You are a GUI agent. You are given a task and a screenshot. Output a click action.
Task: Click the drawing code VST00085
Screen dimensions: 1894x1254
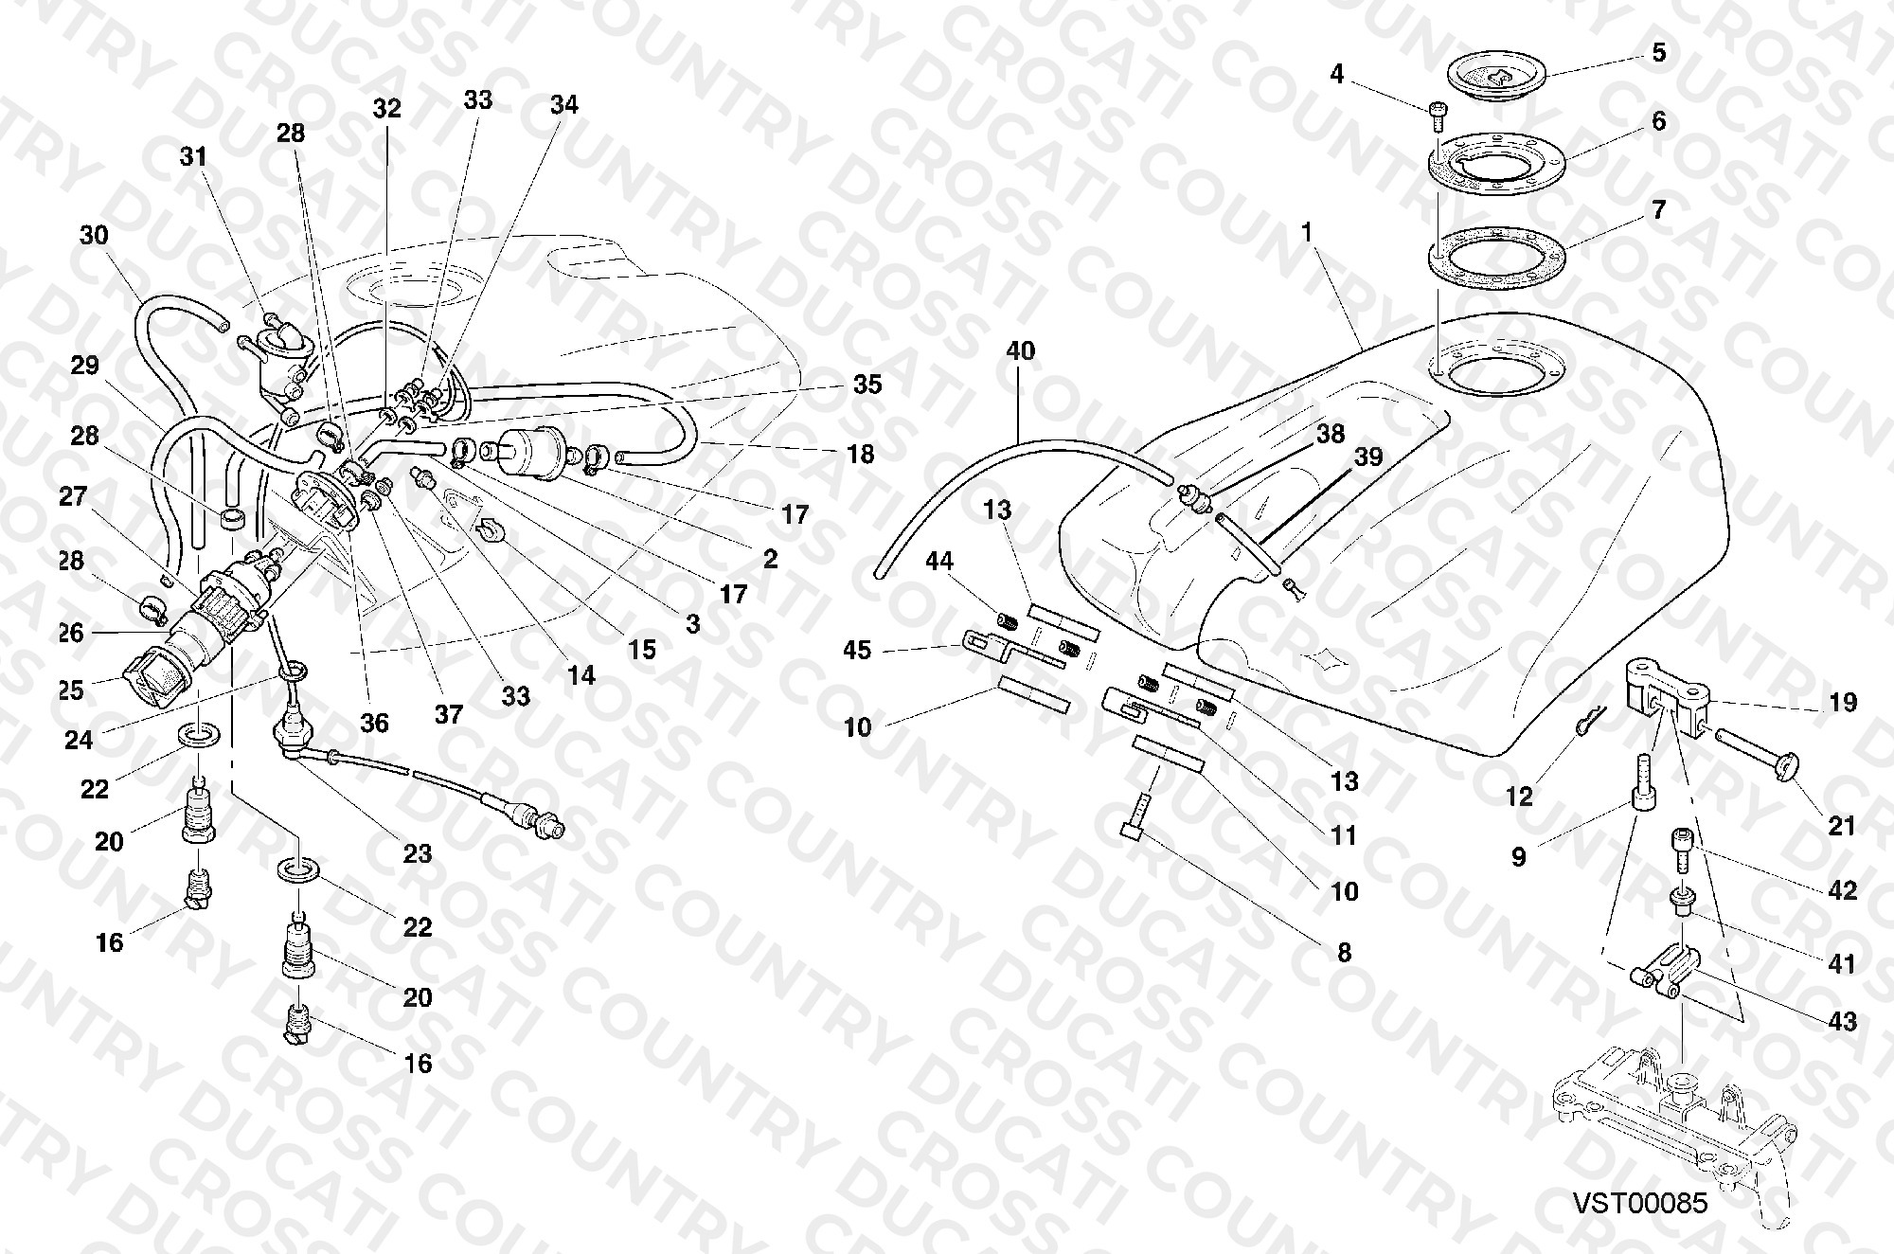pos(1641,1203)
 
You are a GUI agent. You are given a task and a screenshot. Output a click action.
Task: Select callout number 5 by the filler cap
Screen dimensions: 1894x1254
pos(1658,52)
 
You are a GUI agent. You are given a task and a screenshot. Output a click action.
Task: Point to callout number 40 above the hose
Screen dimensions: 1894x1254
pos(1020,351)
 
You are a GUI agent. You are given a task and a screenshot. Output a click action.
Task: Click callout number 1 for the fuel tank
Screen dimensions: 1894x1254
pos(1307,232)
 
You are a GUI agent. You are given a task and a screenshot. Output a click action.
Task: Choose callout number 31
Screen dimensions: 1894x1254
pos(193,156)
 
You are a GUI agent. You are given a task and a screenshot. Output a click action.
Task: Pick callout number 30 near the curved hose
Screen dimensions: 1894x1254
pos(94,234)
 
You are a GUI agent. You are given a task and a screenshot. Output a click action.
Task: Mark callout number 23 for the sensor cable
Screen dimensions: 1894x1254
pos(418,853)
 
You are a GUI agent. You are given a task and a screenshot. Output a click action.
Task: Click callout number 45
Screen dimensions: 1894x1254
pos(857,651)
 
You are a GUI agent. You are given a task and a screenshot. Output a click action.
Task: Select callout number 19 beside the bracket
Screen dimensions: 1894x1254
pos(1843,703)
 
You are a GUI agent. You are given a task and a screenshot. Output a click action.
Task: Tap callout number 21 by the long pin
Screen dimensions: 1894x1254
pos(1842,826)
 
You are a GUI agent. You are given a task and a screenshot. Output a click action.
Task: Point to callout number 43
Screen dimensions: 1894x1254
pos(1843,1022)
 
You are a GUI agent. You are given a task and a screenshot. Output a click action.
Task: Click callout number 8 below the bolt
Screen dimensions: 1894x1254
pos(1345,952)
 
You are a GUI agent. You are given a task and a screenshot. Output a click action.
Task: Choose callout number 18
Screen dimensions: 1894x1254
pos(860,455)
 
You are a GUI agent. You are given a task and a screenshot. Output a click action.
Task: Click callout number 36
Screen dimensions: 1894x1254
pos(374,724)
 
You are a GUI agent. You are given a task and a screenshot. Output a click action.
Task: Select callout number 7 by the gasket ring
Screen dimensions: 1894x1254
pos(1658,209)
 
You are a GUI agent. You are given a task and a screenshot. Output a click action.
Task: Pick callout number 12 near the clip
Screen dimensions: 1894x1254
pos(1519,797)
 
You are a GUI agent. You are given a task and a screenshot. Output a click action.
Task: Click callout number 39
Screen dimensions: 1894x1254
pos(1368,457)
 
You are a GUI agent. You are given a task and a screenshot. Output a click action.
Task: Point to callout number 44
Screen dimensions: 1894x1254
pos(939,562)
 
